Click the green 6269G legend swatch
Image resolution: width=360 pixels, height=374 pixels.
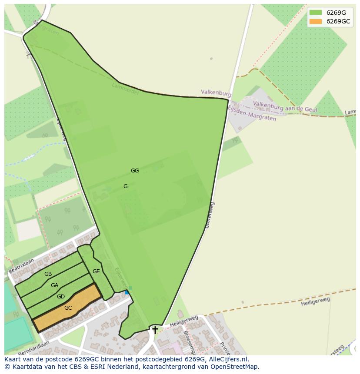(x=316, y=13)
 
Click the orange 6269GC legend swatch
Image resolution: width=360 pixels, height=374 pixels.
(x=316, y=21)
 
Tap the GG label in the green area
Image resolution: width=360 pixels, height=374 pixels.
(x=135, y=171)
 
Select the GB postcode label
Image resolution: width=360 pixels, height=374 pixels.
(x=48, y=274)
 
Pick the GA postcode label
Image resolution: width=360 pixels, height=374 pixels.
(x=54, y=285)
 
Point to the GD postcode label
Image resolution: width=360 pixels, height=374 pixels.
(x=61, y=297)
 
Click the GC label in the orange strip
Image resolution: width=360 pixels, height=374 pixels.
(x=68, y=308)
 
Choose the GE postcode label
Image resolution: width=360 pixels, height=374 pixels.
(x=96, y=271)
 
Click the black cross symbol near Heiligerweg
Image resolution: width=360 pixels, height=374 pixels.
(x=155, y=330)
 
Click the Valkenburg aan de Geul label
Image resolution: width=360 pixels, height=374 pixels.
(x=285, y=107)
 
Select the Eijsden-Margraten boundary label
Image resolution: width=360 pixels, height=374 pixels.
(x=252, y=114)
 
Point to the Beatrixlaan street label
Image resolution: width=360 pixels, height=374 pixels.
(x=21, y=266)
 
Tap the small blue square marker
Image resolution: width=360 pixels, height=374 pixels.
(x=127, y=292)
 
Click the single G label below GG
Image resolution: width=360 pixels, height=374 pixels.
(x=126, y=186)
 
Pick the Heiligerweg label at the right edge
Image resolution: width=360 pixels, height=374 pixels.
(x=315, y=301)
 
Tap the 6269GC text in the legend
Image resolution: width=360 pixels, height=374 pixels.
(x=338, y=21)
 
